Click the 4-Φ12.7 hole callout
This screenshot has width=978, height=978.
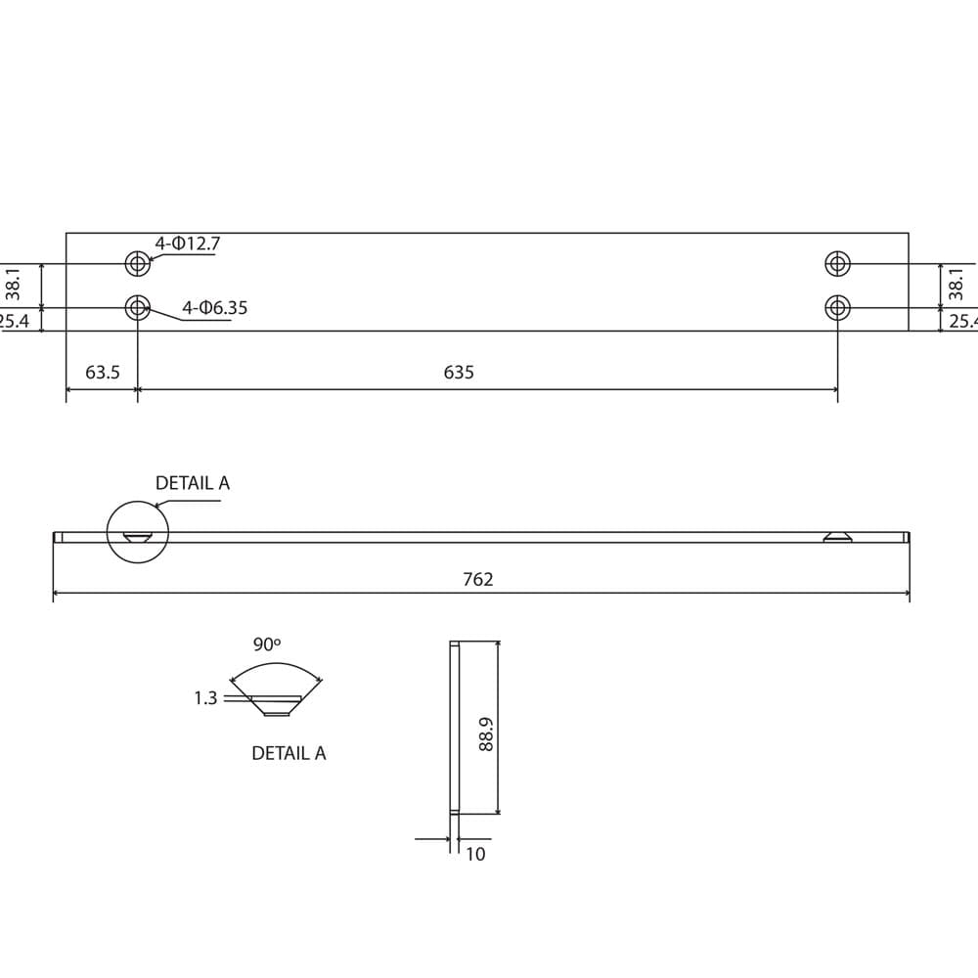coord(187,244)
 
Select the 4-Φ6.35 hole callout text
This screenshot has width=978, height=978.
coord(214,308)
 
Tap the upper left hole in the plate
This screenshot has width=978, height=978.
coord(138,263)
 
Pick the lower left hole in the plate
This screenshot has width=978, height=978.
coord(138,308)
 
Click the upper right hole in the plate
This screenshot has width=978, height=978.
coord(837,263)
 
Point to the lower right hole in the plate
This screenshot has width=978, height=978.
coord(837,308)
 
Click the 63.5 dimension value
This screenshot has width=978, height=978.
coord(103,373)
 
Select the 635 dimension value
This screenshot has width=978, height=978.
coord(459,373)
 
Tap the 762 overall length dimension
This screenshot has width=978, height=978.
coord(477,580)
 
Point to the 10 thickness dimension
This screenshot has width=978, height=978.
coord(475,854)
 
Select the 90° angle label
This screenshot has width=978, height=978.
coord(266,645)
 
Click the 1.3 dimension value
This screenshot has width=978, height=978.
coord(205,698)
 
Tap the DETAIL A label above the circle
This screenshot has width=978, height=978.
coord(193,483)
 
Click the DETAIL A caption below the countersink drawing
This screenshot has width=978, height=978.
coord(289,753)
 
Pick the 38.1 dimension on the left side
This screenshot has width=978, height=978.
coord(14,285)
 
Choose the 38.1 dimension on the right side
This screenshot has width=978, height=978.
coord(957,285)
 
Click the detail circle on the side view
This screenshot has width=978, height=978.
coord(138,532)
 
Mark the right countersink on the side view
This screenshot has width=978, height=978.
coord(837,536)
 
